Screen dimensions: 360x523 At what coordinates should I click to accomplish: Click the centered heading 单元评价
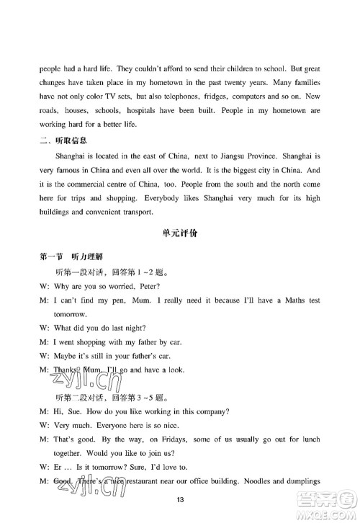tap(179, 244)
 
